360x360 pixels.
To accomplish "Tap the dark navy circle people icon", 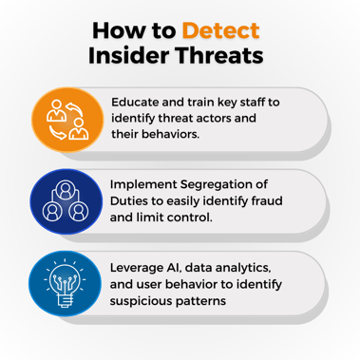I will click(66, 201).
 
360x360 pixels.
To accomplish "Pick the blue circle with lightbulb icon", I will click(66, 282).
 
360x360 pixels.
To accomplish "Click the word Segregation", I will click(235, 184).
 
